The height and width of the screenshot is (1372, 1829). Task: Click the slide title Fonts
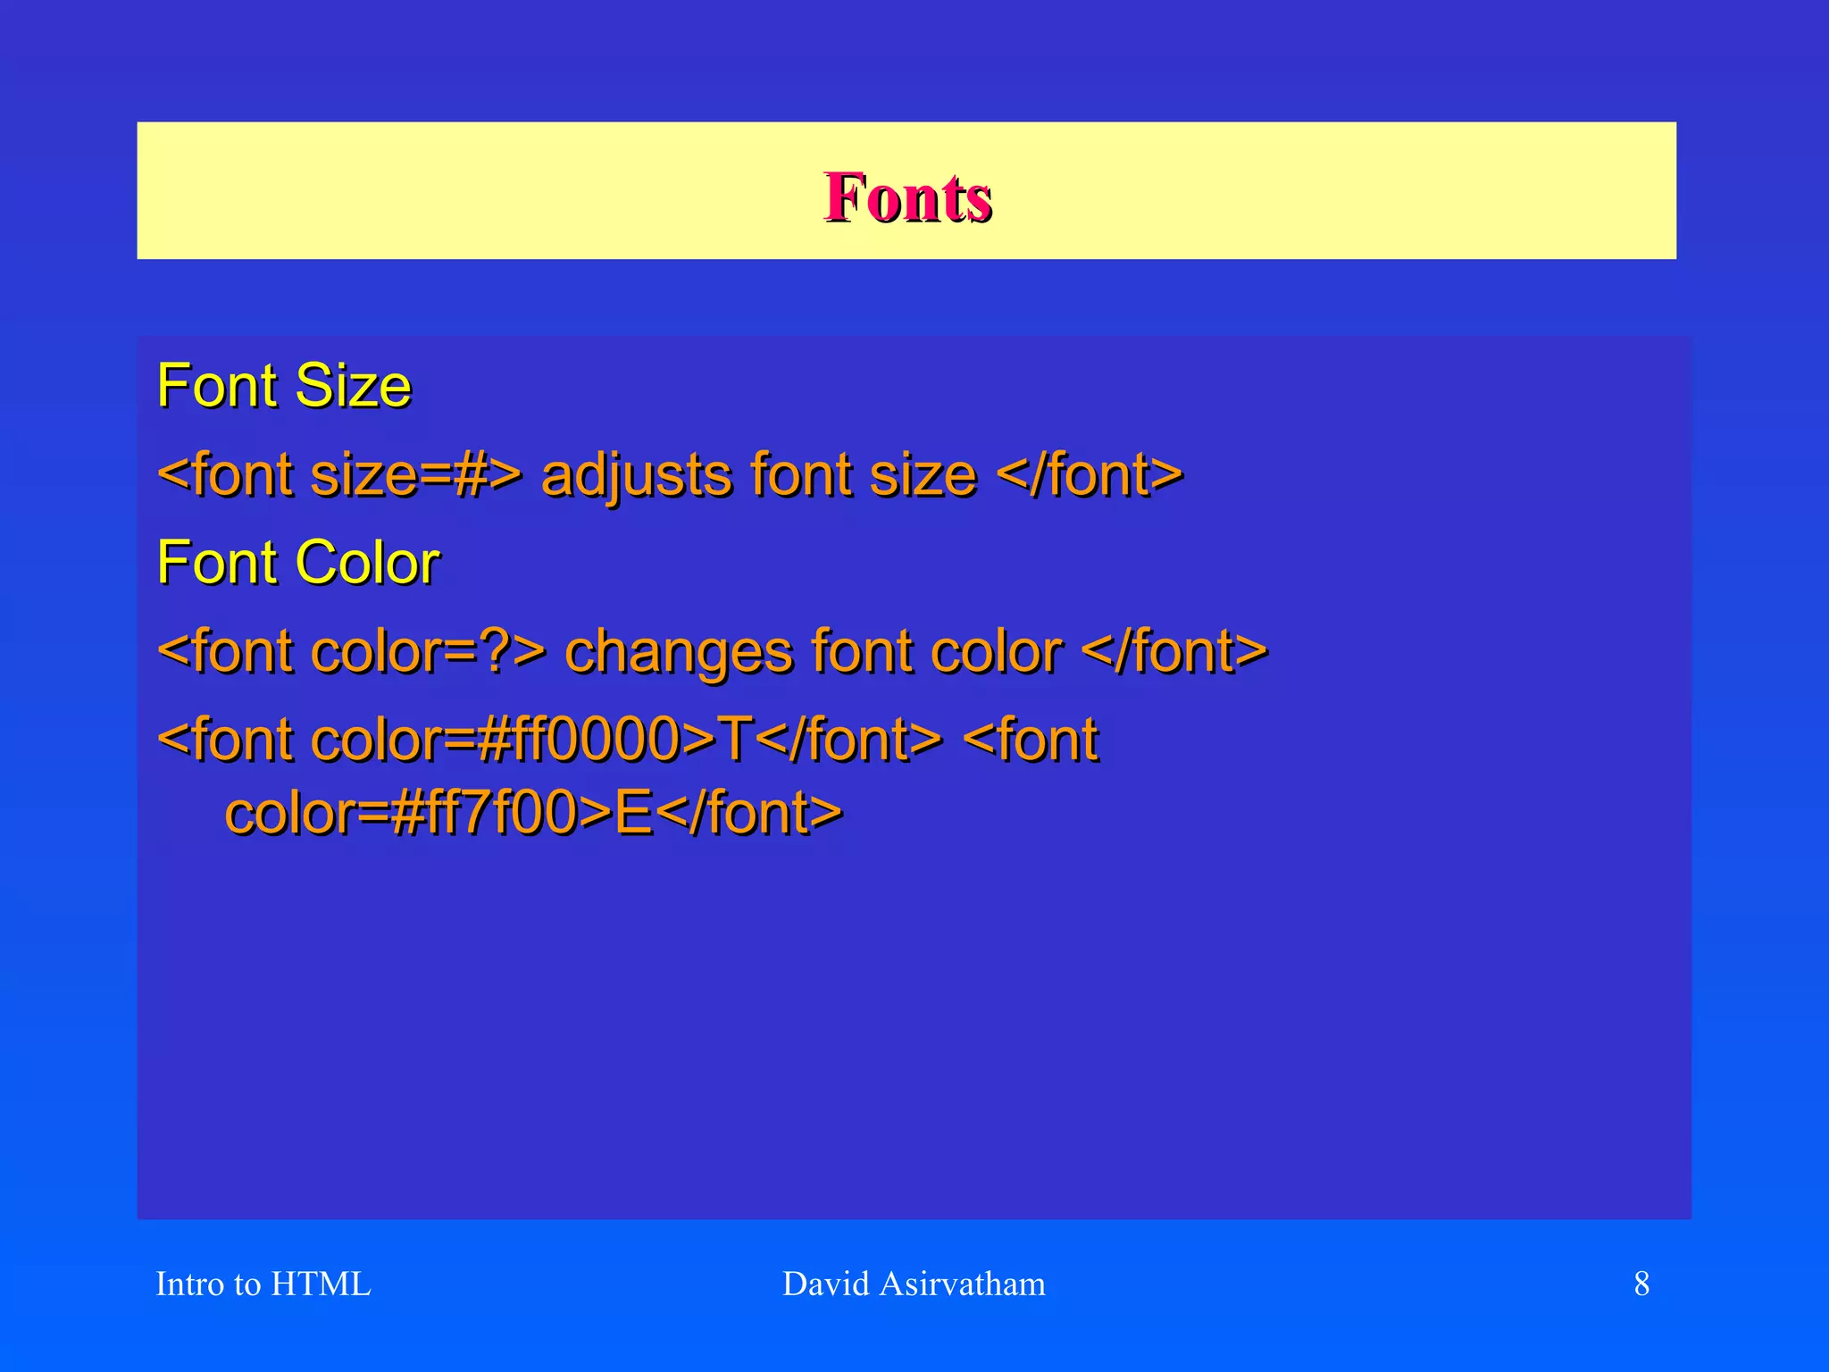(x=907, y=197)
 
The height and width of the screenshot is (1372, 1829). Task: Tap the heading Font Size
(x=284, y=386)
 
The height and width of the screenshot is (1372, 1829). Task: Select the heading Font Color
(x=298, y=563)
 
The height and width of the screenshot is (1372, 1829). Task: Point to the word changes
(x=678, y=652)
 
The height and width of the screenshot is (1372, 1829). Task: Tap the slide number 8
(x=1641, y=1284)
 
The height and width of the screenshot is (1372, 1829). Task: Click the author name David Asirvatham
(x=914, y=1284)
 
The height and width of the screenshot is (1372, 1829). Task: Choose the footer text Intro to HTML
(x=263, y=1284)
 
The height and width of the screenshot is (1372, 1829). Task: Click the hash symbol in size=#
(x=470, y=475)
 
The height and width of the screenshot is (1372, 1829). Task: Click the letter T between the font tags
(x=735, y=740)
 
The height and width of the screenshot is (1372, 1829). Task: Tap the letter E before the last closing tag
(x=633, y=813)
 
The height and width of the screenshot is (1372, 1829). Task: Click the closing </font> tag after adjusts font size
(x=1089, y=475)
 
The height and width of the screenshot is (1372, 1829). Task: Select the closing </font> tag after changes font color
(x=1173, y=652)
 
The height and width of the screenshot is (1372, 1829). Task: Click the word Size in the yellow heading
(x=353, y=386)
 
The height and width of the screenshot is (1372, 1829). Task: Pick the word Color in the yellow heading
(x=367, y=563)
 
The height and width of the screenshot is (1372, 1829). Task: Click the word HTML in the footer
(x=321, y=1284)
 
